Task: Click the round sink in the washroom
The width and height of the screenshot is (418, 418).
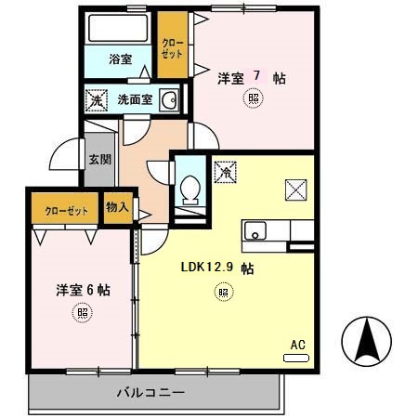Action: pos(168,100)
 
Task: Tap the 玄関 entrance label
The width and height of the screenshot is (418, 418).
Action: pos(98,159)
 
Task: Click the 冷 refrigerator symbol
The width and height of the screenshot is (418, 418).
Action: pos(224,172)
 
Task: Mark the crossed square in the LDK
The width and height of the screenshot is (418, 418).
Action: pos(296,189)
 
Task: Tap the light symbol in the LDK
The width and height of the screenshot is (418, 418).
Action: pos(222,294)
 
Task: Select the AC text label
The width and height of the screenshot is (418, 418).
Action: pos(297,344)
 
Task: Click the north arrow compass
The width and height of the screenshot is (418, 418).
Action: pos(369,343)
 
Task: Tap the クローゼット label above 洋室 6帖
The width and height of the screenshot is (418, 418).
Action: pos(66,211)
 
